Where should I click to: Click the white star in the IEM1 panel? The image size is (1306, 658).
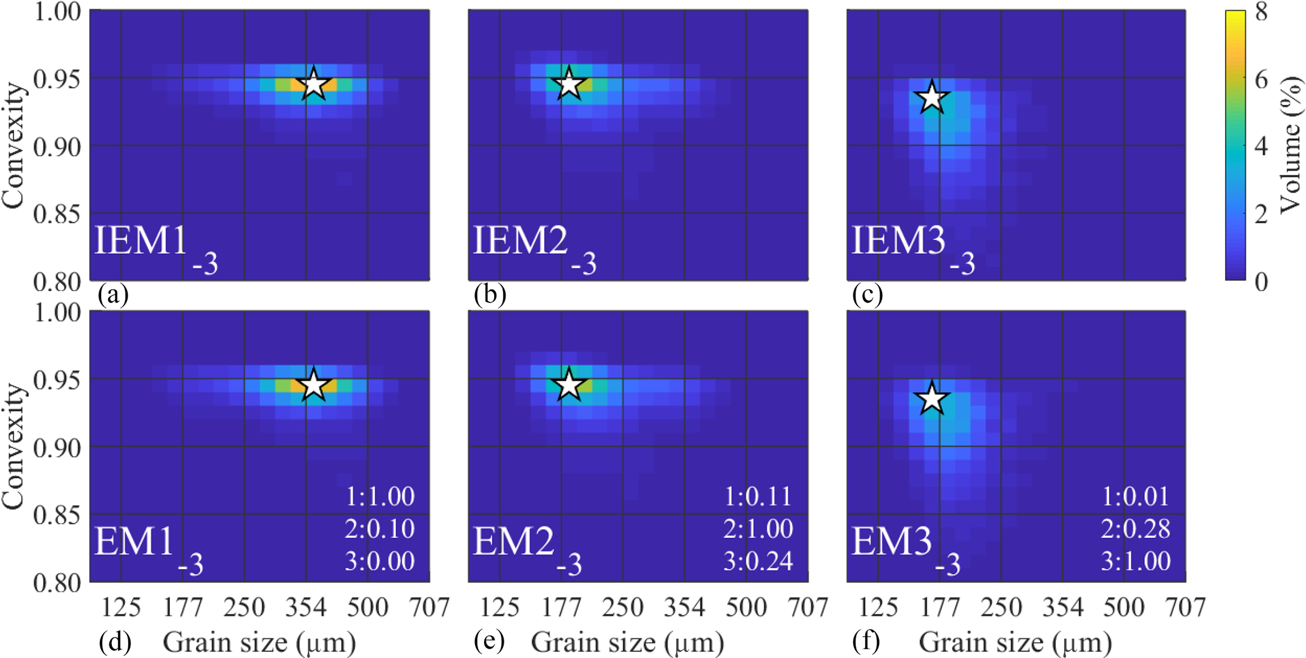point(313,84)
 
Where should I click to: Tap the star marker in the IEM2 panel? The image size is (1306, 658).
point(569,84)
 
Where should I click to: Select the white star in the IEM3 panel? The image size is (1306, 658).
point(931,98)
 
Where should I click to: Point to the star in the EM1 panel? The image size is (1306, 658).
point(313,385)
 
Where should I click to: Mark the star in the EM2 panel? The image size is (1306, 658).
point(569,385)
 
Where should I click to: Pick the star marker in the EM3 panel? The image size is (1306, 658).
point(931,399)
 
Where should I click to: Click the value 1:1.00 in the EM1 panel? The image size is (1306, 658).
point(380,496)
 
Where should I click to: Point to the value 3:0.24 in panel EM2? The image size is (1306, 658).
point(758,561)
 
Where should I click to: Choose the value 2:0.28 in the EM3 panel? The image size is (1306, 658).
point(1135,529)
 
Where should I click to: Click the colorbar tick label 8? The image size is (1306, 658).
point(1261,13)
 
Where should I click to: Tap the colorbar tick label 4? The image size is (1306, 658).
point(1261,147)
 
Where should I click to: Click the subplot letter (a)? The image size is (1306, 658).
point(113,295)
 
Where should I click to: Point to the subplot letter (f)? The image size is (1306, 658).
point(866,642)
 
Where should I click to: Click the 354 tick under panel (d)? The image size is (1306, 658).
point(306,607)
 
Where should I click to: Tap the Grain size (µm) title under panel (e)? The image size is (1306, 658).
point(627,643)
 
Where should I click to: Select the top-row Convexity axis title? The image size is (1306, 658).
point(14,145)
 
